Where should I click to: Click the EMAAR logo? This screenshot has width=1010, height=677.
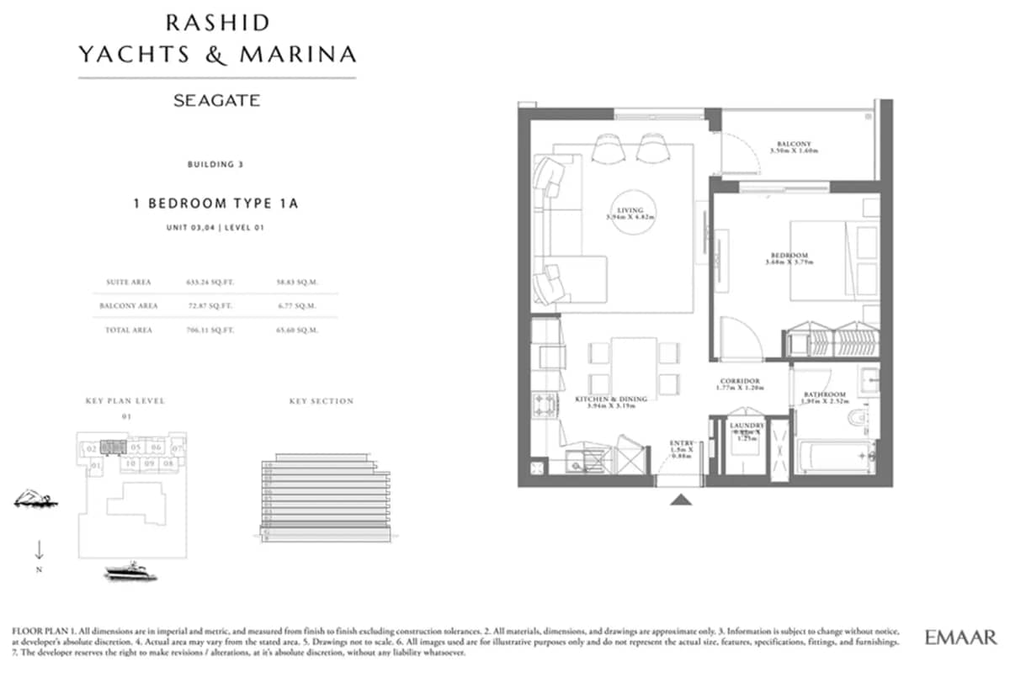point(960,637)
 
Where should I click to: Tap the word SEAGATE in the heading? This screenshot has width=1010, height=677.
point(216,101)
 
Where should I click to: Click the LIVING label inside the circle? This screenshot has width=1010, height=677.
point(630,210)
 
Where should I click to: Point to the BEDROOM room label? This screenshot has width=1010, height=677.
point(789,256)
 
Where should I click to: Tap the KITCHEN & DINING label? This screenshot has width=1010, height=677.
point(611,399)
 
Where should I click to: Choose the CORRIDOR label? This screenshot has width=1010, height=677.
point(740,381)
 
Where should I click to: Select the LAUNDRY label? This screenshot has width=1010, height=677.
point(747,426)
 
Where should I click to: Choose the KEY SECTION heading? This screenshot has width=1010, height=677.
point(321,401)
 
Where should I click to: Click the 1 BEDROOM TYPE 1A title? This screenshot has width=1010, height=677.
point(216,204)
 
